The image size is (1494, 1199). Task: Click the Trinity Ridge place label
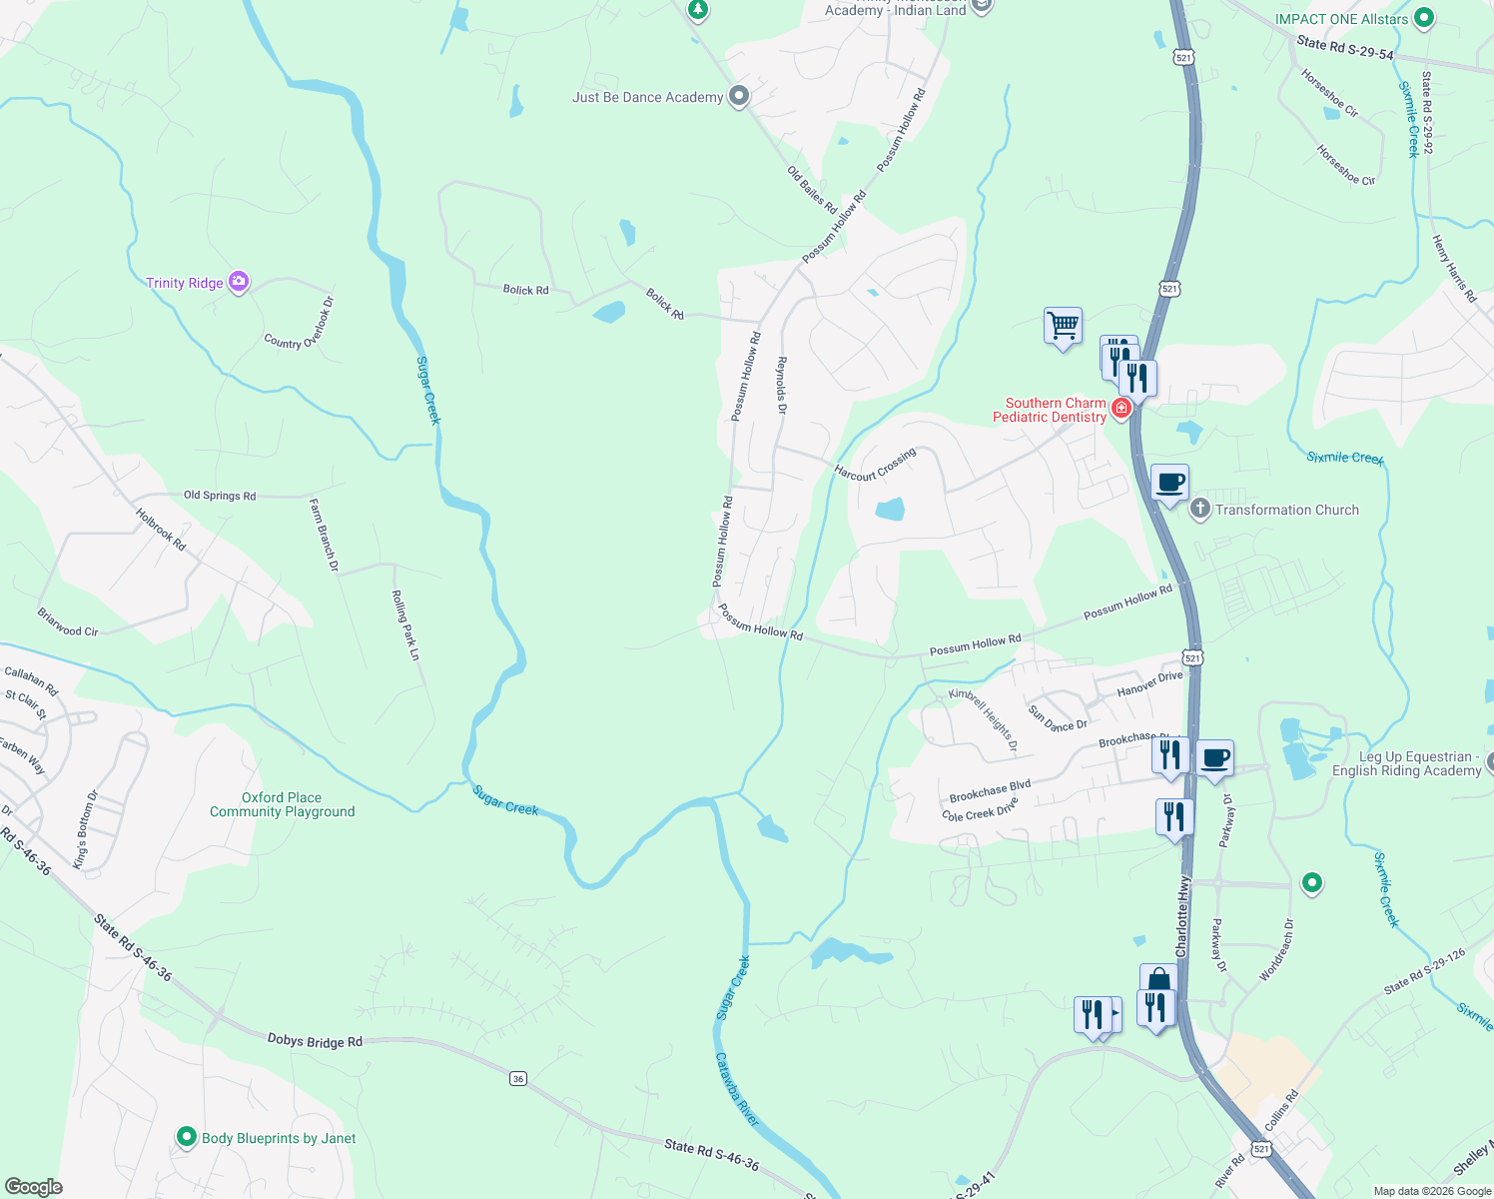pos(185,283)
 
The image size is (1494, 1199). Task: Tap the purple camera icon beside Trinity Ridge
pos(239,282)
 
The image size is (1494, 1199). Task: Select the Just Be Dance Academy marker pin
pos(739,96)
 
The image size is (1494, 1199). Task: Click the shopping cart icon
pos(1063,325)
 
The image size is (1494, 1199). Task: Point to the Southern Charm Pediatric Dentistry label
pos(1050,410)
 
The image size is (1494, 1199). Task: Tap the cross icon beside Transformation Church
pos(1200,509)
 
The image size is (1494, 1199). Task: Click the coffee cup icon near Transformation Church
pos(1170,484)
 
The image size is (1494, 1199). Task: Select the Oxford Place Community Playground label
pos(282,804)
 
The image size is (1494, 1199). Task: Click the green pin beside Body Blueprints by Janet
pos(186,1137)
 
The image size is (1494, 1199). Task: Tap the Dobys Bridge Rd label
pos(315,1041)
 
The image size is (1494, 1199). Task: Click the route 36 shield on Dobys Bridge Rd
pos(517,1078)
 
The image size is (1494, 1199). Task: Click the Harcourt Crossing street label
pos(875,466)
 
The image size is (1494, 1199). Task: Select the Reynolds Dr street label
pos(782,385)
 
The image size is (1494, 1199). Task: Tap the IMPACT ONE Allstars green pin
pos(1425,18)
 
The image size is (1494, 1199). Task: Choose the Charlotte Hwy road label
pos(1183,917)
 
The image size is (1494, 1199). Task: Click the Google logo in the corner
pos(33,1186)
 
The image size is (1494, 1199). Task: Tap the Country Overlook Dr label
pos(299,323)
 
